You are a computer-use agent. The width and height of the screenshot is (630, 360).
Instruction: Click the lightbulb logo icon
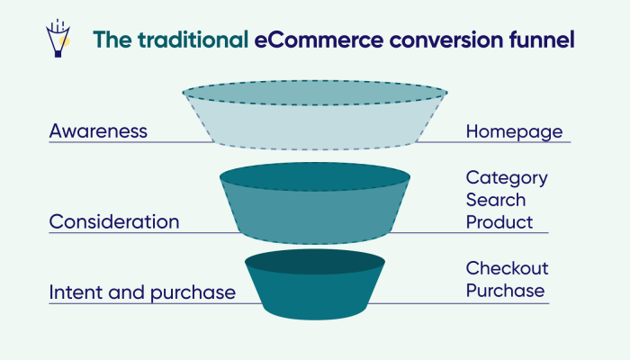pos(58,40)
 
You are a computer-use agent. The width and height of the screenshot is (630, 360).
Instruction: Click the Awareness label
pos(98,131)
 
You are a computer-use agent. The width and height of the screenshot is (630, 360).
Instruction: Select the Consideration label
pos(114,221)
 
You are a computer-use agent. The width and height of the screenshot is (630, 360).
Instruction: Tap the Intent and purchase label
pos(142,292)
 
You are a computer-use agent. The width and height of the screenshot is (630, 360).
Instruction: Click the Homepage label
pos(514,131)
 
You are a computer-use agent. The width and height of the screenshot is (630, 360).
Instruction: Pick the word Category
pos(507,177)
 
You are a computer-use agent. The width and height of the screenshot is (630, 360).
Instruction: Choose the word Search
pos(496,199)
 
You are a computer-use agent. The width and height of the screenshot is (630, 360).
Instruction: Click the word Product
pos(499,221)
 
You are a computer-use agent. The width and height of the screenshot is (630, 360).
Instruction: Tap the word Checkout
pos(508,268)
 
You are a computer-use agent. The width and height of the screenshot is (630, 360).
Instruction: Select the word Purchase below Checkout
pos(505,291)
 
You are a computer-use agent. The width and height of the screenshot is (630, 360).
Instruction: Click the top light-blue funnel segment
pos(315,121)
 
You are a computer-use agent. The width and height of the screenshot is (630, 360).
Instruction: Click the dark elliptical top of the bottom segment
pos(315,262)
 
